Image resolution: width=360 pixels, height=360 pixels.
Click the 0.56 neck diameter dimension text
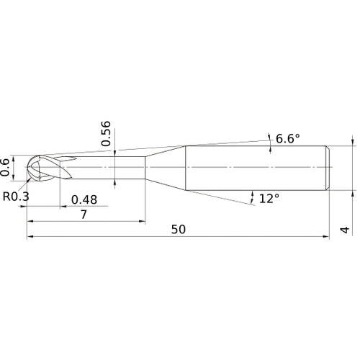point(107,135)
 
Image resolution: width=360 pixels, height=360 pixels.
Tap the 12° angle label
point(269,198)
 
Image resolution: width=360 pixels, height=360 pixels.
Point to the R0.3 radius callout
point(15,197)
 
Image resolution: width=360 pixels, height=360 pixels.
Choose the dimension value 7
point(84,215)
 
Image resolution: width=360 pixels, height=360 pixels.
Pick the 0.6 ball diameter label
point(6,167)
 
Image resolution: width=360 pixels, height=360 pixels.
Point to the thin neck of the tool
point(108,168)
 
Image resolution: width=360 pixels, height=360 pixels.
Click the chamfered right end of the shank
point(328,168)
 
